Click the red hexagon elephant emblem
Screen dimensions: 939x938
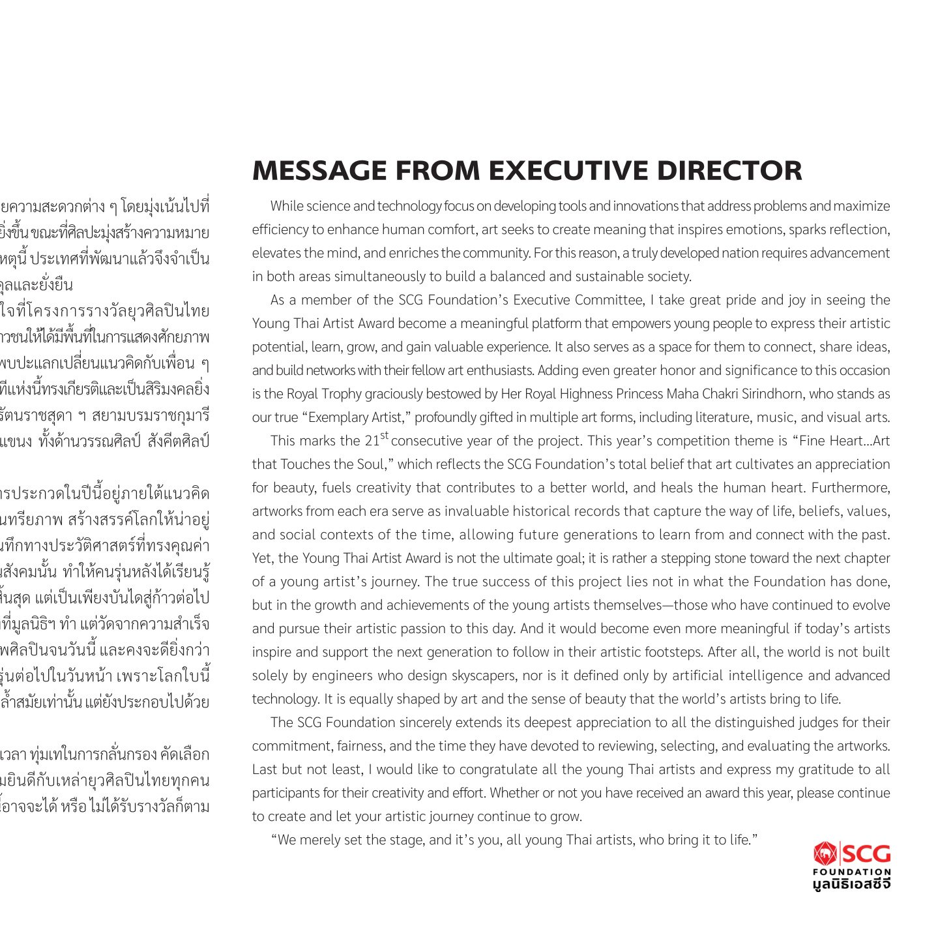[826, 854]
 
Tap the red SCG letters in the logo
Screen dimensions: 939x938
[868, 854]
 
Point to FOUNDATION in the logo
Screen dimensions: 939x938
[851, 872]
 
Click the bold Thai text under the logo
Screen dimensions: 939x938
[851, 884]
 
